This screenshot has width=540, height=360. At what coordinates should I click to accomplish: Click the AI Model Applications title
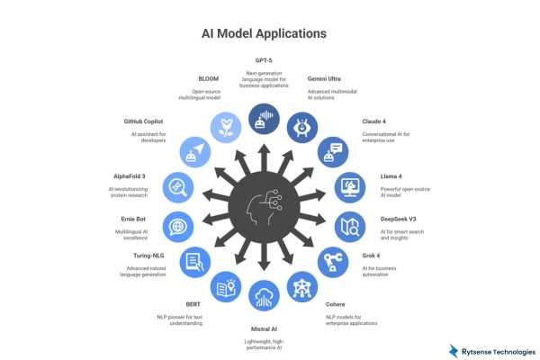[x=263, y=35]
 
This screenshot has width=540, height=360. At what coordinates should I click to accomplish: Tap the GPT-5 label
[x=264, y=61]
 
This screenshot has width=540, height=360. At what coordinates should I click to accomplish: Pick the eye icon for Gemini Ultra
[x=302, y=127]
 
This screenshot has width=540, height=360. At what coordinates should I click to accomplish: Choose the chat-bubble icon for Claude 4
[x=334, y=154]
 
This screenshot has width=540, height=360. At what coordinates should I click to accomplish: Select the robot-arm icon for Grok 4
[x=334, y=262]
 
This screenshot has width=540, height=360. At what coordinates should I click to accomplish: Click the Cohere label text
[x=336, y=304]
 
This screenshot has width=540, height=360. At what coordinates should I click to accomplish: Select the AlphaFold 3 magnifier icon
[x=176, y=188]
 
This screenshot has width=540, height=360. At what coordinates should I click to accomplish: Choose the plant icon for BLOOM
[x=224, y=126]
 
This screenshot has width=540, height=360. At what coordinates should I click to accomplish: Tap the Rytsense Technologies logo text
[x=499, y=350]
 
